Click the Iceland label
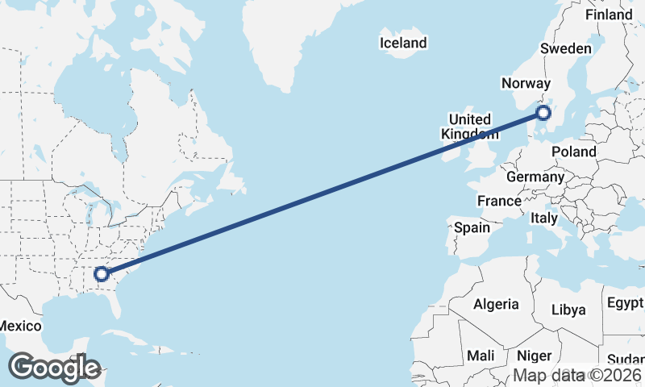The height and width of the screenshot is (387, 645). click(x=403, y=43)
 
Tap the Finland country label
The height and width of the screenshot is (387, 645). click(x=609, y=15)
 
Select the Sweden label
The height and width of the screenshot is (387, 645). click(x=565, y=49)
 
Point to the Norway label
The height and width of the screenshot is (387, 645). click(x=526, y=83)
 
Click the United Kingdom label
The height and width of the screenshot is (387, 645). click(x=469, y=127)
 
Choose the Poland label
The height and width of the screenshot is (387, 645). click(x=574, y=152)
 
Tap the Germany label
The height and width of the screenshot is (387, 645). click(x=535, y=177)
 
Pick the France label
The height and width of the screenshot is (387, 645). click(x=499, y=201)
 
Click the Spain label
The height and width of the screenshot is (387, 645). click(x=472, y=227)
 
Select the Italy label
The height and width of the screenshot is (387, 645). click(x=544, y=218)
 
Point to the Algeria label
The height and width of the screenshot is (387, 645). click(x=496, y=304)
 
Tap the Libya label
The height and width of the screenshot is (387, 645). click(x=568, y=310)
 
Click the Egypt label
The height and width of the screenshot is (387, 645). click(x=625, y=303)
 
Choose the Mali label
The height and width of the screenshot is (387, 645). click(x=481, y=356)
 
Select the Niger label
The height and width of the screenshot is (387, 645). click(x=534, y=356)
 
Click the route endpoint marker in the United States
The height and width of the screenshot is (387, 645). click(x=102, y=274)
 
